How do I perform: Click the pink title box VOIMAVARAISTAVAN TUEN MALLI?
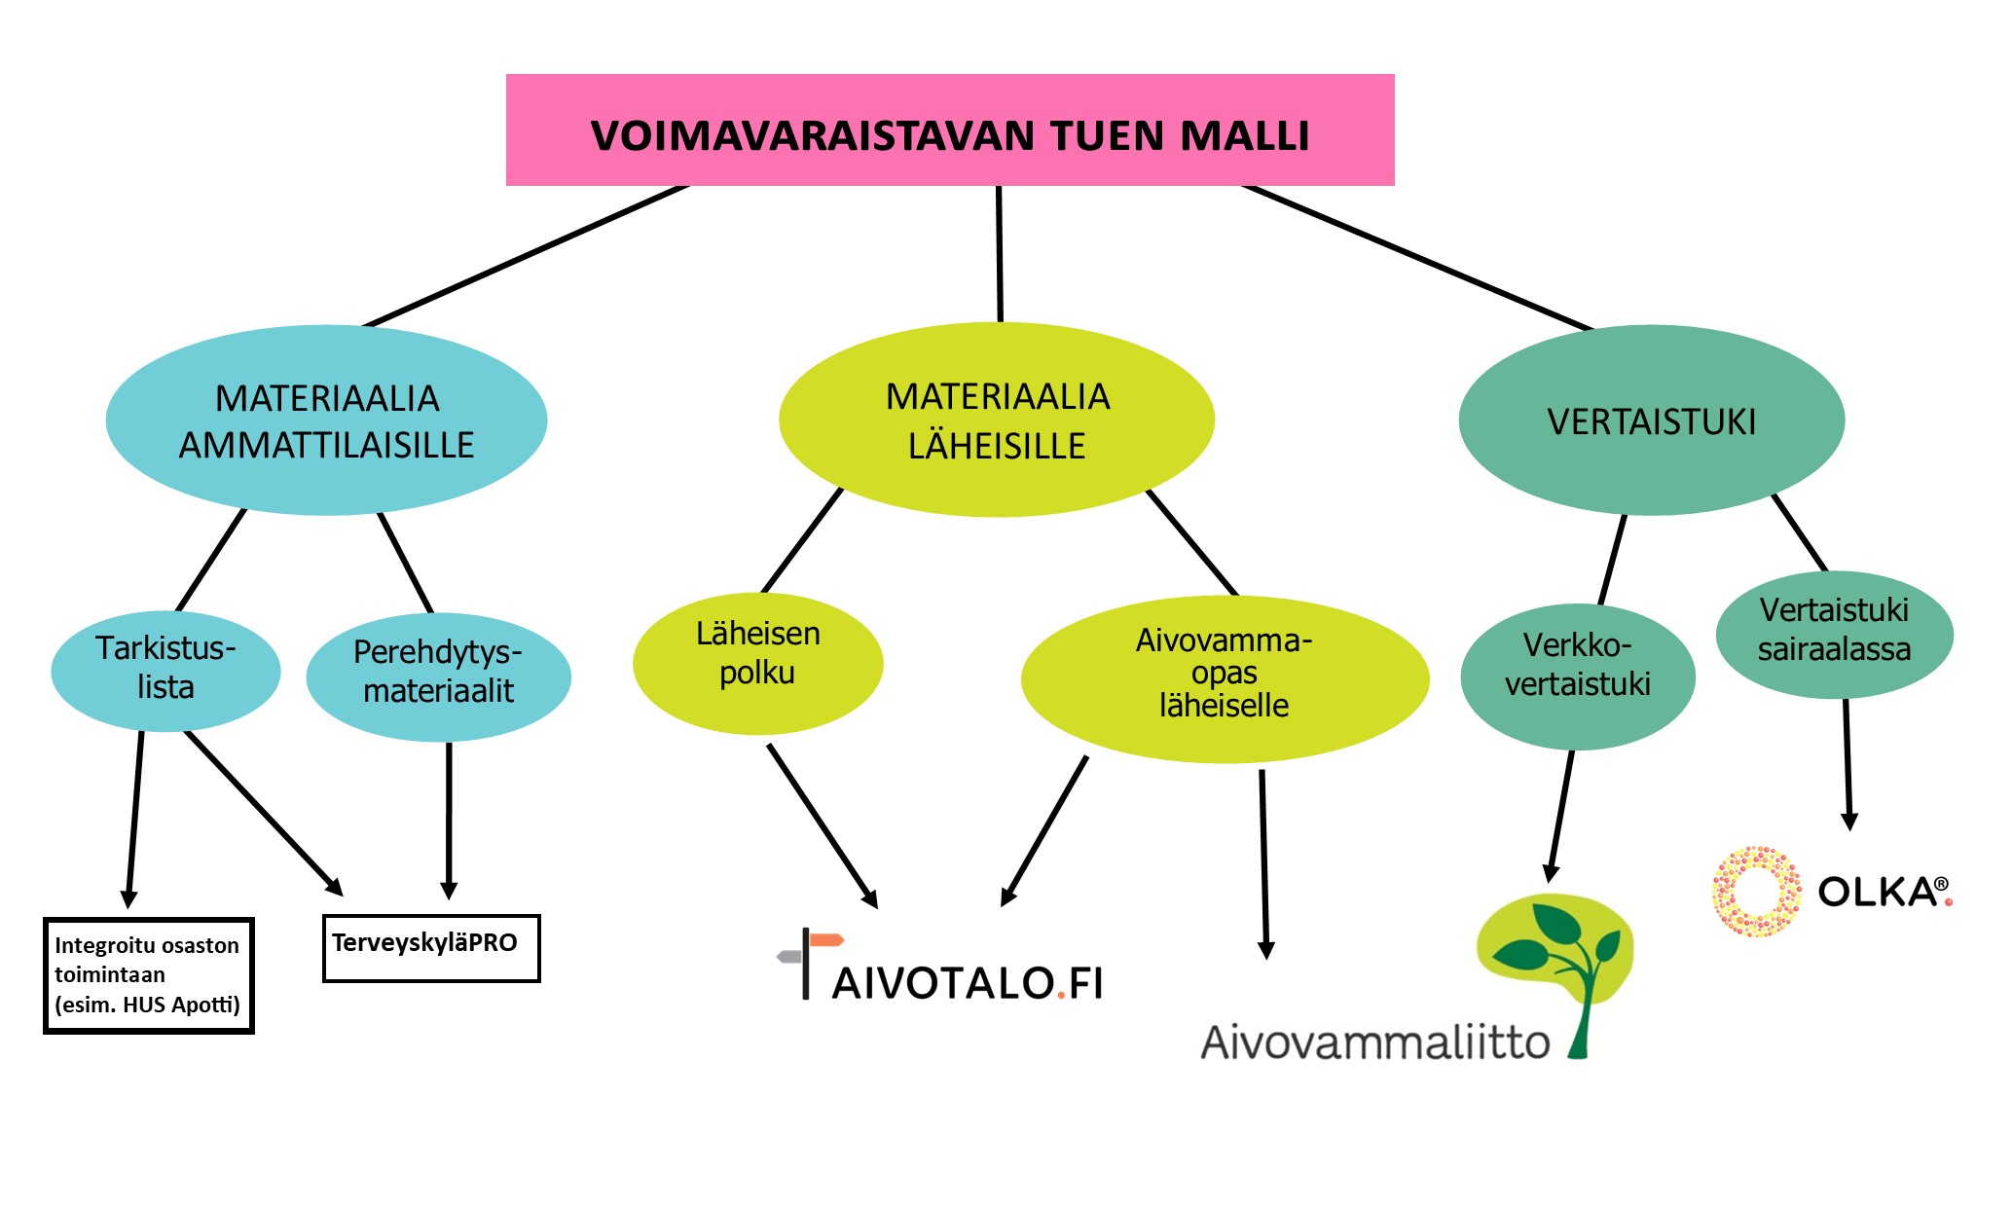point(950,129)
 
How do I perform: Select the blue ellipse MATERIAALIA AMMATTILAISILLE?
point(326,420)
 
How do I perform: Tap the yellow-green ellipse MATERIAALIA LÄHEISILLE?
point(997,420)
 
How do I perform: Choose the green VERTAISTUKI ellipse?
point(1652,420)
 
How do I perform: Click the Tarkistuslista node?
point(165,671)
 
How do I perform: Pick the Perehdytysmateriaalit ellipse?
point(438,677)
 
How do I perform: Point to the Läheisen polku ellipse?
point(757,663)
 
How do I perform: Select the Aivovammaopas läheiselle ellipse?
point(1225,678)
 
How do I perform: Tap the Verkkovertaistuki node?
point(1578,677)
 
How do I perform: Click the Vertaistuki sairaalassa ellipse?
point(1834,634)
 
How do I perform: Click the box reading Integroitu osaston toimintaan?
point(149,975)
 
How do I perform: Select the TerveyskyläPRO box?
point(431,948)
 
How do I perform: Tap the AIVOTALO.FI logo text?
point(968,983)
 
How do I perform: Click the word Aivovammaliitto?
point(1375,1042)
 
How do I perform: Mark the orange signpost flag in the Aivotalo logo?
point(826,939)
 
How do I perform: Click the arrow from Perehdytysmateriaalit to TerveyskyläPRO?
point(449,821)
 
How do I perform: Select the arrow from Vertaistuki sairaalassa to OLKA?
point(1847,764)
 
